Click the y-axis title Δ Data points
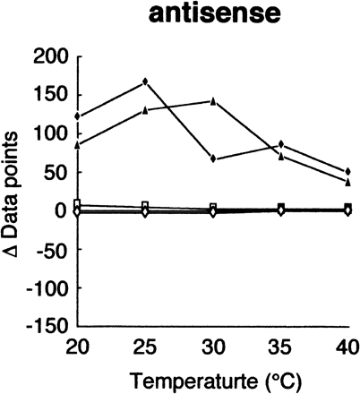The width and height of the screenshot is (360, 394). (x=17, y=193)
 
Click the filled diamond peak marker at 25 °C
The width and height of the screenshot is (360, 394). (x=145, y=81)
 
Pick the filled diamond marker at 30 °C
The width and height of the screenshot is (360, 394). (x=213, y=158)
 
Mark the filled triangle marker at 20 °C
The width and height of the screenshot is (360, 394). (x=78, y=143)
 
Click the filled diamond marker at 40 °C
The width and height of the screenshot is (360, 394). (x=347, y=171)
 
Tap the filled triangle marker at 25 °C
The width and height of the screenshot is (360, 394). (x=145, y=110)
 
